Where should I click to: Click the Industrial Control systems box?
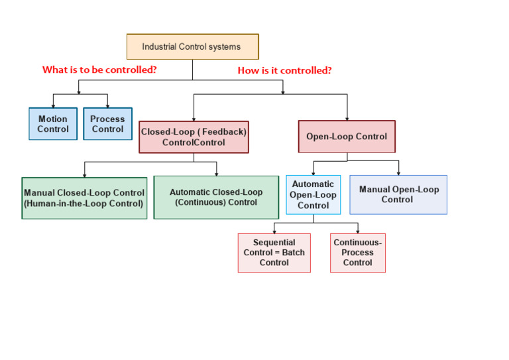tap(192, 47)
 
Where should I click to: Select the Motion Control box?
tap(53, 124)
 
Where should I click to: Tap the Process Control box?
tap(107, 124)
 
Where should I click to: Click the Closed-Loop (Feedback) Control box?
tap(194, 137)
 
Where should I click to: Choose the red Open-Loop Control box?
tap(346, 137)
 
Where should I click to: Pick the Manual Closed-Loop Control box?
tap(84, 198)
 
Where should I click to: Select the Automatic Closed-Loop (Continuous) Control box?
tap(216, 197)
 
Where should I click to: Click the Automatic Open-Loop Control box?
tap(313, 194)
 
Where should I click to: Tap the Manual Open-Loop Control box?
tap(398, 194)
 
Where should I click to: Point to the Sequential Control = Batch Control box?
tap(274, 253)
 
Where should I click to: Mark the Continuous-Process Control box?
tap(358, 253)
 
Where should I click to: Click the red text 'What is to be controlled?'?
tap(99, 70)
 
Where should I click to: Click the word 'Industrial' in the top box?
tap(160, 47)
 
